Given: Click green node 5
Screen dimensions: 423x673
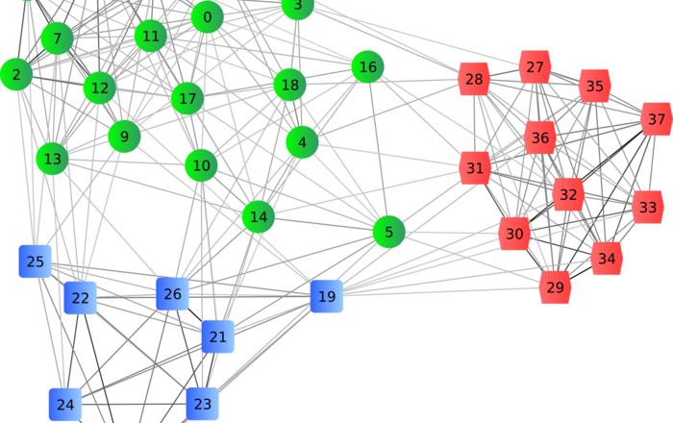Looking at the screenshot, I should [x=388, y=232].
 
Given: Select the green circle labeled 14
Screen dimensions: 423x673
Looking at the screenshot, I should [x=258, y=217].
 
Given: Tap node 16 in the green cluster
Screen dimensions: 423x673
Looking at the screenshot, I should [x=367, y=67].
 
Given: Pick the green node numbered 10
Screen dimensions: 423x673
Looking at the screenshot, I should [x=201, y=165].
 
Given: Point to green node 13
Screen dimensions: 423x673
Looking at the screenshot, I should [x=53, y=159].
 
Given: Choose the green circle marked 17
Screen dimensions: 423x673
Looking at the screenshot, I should [x=187, y=98].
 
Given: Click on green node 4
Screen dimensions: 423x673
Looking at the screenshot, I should [x=302, y=142].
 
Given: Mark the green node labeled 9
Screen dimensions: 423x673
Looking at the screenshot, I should [x=124, y=136].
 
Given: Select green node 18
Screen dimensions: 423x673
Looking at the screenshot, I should [x=289, y=85].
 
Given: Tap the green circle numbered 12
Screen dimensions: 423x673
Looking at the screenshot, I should [x=99, y=88].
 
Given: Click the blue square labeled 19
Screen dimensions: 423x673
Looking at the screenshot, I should [x=327, y=296].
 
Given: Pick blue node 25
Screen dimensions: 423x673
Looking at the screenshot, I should [x=36, y=261].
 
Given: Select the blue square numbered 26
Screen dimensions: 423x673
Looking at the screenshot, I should [x=172, y=293].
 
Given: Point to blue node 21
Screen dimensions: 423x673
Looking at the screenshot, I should [x=218, y=336].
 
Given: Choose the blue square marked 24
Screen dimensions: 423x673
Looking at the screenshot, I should [x=65, y=405].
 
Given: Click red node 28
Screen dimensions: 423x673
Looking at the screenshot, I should [x=474, y=79].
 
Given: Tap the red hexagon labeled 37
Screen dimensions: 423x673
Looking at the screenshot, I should [x=656, y=120].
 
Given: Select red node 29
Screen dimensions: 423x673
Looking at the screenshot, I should [x=555, y=287].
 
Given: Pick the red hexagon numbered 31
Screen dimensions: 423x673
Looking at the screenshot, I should [x=475, y=168].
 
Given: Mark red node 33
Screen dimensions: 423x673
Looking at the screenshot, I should [x=648, y=207].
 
